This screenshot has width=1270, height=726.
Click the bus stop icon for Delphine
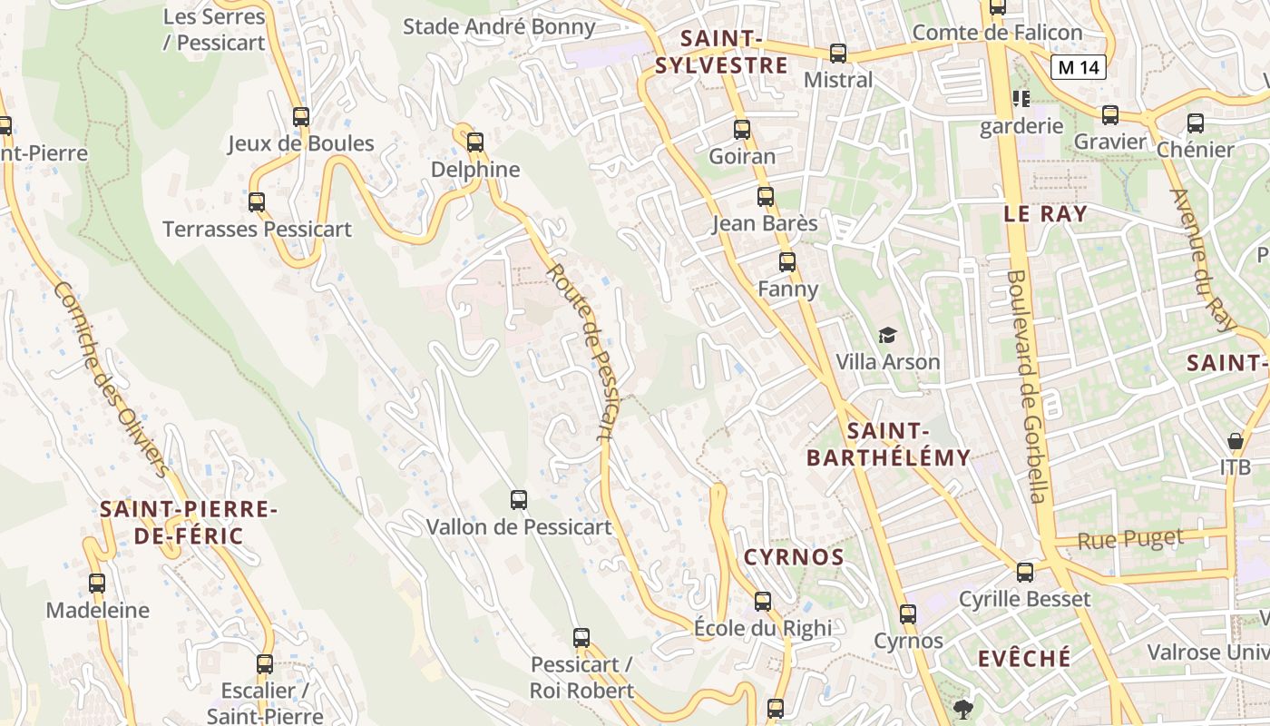(474, 142)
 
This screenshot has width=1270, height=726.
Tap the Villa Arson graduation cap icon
(887, 336)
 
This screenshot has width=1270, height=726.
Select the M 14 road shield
(1079, 66)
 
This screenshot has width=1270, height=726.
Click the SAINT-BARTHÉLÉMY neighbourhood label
(888, 445)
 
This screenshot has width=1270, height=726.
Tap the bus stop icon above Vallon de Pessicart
(519, 500)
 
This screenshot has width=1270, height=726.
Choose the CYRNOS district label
(794, 557)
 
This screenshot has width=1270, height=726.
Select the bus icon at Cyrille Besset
(1025, 573)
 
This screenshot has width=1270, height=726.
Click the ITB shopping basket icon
(1235, 442)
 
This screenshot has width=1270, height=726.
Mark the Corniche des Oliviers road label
(112, 378)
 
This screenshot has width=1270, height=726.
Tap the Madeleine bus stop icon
(97, 584)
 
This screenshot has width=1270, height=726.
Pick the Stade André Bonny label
(499, 26)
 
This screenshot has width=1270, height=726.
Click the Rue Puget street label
(1130, 539)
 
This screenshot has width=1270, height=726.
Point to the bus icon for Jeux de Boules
(301, 117)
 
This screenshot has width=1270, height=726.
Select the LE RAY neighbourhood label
(1045, 214)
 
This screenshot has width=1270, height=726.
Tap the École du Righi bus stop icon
(763, 601)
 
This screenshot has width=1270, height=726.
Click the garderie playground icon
(1021, 98)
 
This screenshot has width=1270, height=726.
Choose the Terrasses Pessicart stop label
(257, 229)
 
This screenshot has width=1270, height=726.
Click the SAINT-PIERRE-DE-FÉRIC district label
(189, 523)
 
